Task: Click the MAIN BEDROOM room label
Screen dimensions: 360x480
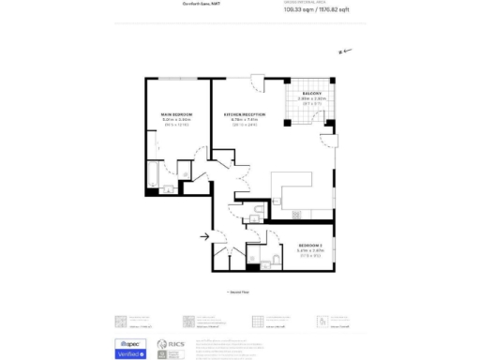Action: [x=175, y=114]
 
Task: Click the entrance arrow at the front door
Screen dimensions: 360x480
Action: [x=204, y=237]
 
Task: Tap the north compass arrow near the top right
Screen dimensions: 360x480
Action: [x=344, y=52]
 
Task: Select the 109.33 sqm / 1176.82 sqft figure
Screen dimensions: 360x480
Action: [x=309, y=11]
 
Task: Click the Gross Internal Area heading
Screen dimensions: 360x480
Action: [x=309, y=3]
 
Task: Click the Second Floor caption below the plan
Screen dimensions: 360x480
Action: [x=240, y=292]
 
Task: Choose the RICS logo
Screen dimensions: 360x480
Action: [x=170, y=349]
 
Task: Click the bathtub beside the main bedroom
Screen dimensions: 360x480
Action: [x=152, y=177]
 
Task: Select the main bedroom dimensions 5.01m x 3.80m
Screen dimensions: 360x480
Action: [x=175, y=120]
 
